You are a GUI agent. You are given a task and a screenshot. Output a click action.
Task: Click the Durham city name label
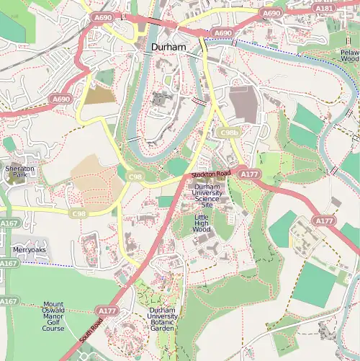168,48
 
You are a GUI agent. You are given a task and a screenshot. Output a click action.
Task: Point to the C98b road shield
229,133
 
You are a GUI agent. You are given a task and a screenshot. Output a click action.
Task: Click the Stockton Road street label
212,175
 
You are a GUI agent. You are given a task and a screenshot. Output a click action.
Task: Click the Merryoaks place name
29,250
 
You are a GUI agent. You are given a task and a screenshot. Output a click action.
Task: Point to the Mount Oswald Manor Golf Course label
53,316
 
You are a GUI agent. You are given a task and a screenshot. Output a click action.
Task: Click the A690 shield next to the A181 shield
271,13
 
